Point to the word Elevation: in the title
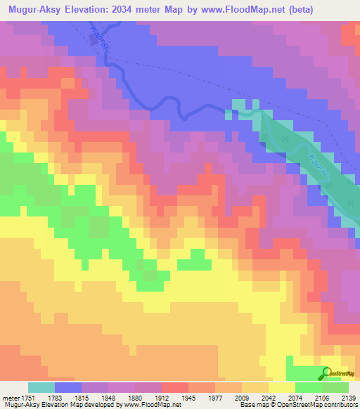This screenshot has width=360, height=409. pos(98,10)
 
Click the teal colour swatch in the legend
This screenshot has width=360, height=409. pos(41,388)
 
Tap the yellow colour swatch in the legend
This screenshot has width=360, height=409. pos(282,388)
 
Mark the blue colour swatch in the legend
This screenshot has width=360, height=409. pos(68,388)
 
